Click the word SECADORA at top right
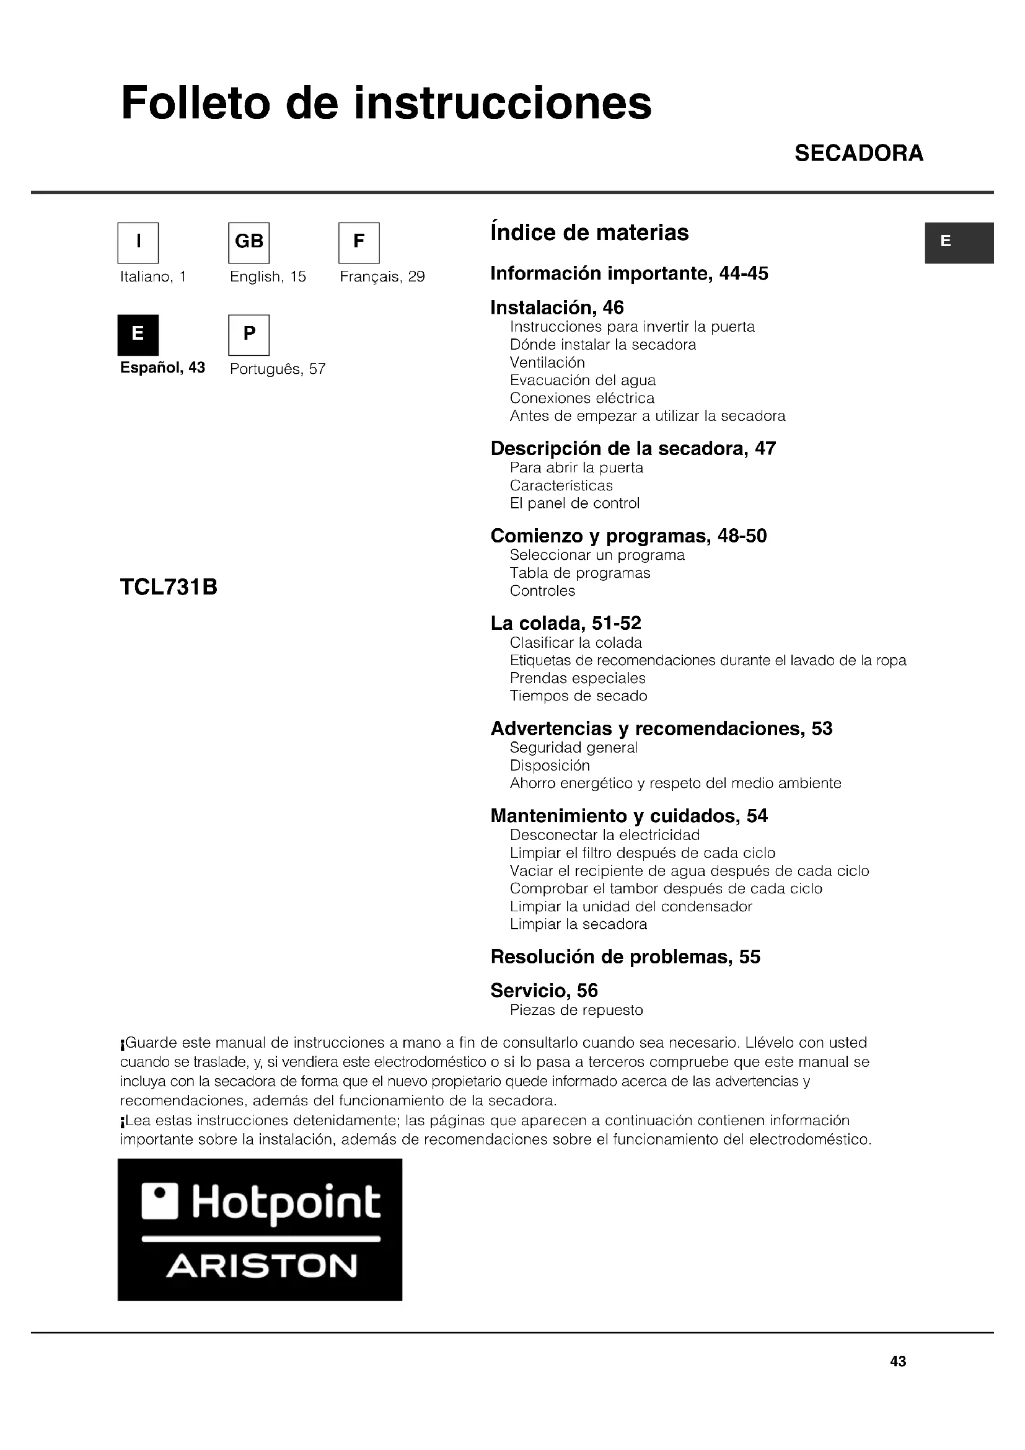tap(858, 154)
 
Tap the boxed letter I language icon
tap(138, 242)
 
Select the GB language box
tap(249, 242)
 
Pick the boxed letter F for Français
tap(358, 242)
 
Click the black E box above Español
tap(138, 335)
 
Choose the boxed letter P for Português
tap(249, 335)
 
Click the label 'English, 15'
tap(268, 276)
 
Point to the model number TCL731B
tap(169, 587)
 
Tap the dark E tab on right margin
tap(959, 242)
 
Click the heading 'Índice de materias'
tap(589, 232)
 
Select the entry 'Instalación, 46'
tap(556, 307)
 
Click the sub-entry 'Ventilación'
tap(547, 363)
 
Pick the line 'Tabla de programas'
tap(579, 573)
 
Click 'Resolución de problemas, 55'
tap(625, 957)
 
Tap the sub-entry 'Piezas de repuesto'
tap(576, 1010)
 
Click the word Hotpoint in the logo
tap(286, 1203)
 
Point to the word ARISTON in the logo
tap(262, 1267)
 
